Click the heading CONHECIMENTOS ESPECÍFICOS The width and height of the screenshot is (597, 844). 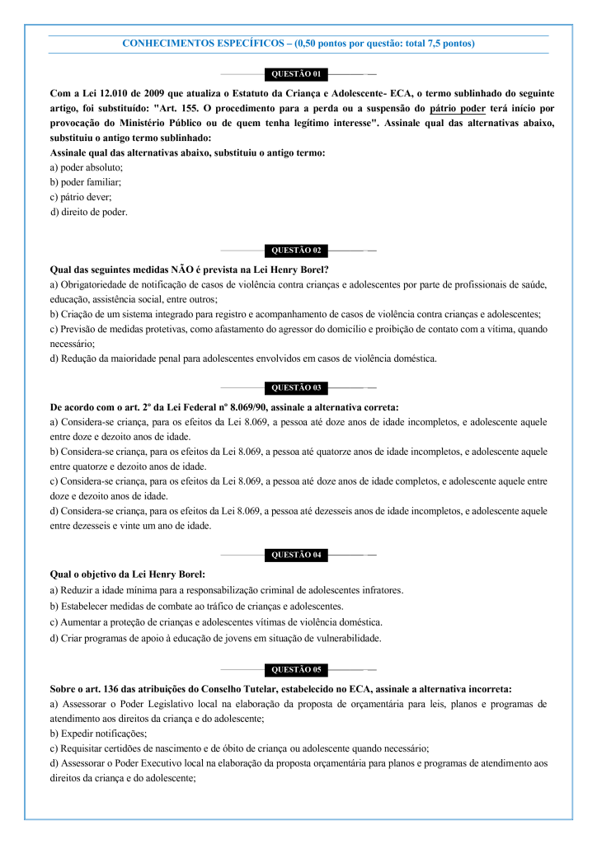[200, 43]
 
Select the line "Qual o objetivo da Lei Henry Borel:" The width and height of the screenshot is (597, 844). [127, 574]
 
